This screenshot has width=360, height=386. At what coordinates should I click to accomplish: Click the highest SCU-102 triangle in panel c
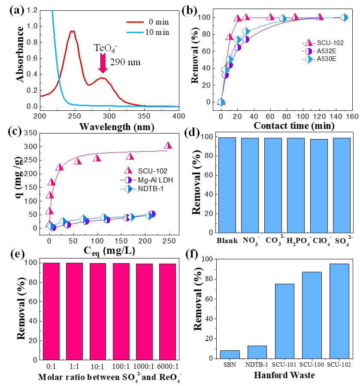click(x=168, y=146)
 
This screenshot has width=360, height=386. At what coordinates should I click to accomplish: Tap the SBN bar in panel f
click(x=230, y=354)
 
